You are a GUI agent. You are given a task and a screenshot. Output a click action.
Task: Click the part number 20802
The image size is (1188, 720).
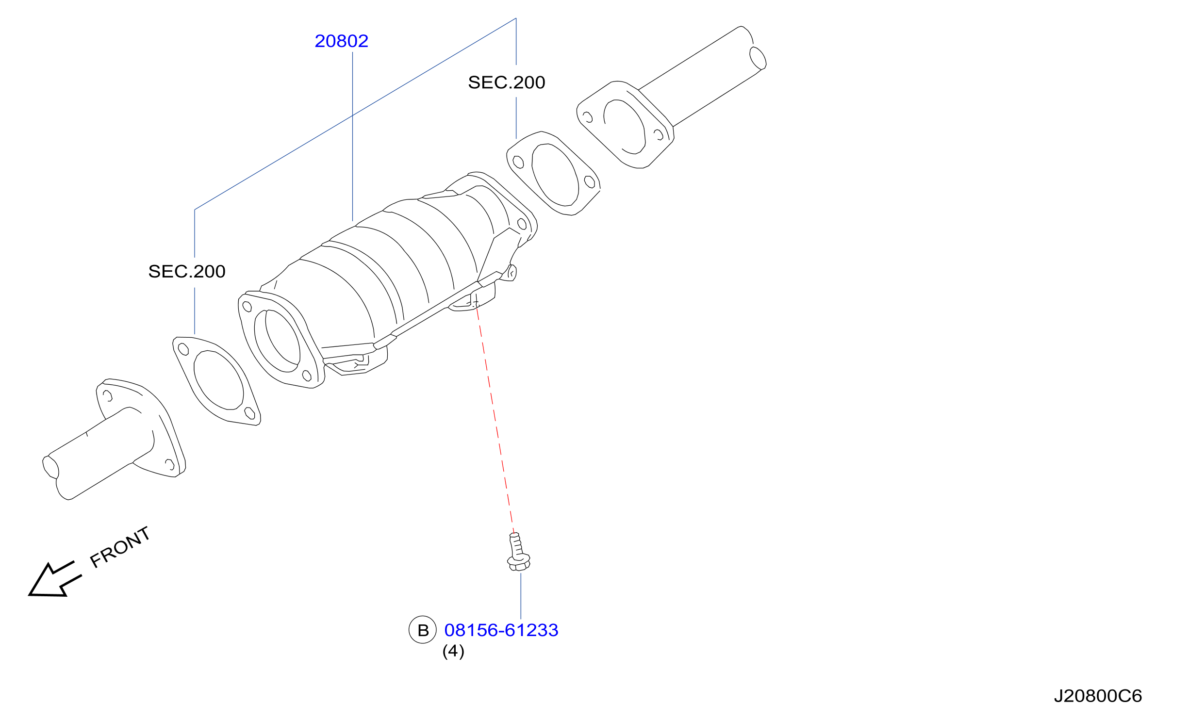(x=341, y=41)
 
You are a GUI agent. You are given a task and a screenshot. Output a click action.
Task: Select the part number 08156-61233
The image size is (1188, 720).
(x=501, y=630)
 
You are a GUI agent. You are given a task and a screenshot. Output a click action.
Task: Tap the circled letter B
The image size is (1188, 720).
(x=423, y=630)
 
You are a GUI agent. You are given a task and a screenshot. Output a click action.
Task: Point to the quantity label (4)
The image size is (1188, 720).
(x=453, y=651)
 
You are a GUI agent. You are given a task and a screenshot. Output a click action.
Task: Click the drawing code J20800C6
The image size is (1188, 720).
(x=1098, y=696)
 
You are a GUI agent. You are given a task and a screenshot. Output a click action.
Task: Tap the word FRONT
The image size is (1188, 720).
(x=120, y=547)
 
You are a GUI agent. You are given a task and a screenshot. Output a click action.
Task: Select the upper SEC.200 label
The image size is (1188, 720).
(x=506, y=82)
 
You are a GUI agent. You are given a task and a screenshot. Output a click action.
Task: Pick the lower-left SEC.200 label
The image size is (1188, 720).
(x=187, y=271)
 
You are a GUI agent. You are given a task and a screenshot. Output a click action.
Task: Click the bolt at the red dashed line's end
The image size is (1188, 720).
(x=518, y=552)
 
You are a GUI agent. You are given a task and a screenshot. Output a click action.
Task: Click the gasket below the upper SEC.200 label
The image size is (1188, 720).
(x=553, y=173)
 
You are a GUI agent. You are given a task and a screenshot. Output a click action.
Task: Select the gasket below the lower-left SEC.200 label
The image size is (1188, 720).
(x=216, y=381)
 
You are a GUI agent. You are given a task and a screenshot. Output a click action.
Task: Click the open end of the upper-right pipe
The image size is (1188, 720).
(x=758, y=58)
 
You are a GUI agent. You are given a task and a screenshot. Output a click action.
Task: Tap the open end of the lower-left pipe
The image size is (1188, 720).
(x=50, y=467)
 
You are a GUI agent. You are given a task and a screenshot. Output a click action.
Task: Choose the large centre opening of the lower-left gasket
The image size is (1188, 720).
(x=218, y=380)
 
